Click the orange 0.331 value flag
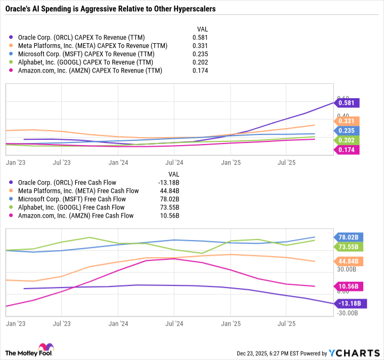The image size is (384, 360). pos(348,121)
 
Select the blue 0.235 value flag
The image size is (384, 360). pos(348,131)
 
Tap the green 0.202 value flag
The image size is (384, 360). pos(348,140)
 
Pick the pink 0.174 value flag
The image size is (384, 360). pos(348,150)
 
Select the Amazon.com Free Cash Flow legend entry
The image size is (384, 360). pos(76,215)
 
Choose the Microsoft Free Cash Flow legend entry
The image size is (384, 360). pos(77,199)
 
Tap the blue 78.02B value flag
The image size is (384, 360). pos(349,237)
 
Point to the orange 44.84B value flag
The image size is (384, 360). pos(349,261)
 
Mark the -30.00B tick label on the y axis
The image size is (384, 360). pos(348,313)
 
